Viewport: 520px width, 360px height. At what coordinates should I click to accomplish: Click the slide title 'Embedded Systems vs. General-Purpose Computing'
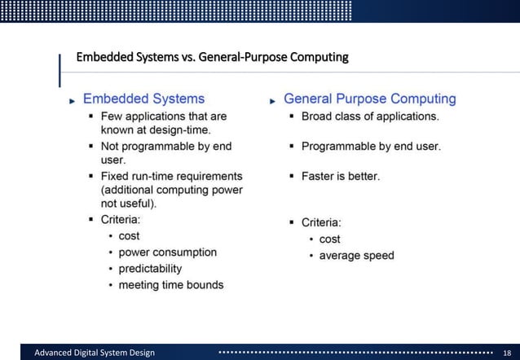212,58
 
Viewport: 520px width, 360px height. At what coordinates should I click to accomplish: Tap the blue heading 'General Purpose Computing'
369,99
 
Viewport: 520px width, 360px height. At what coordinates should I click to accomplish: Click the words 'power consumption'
167,252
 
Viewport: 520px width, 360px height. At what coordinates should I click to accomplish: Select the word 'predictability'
150,269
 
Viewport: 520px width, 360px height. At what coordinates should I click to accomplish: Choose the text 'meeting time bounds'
170,285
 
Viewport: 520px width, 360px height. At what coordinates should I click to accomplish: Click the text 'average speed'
356,256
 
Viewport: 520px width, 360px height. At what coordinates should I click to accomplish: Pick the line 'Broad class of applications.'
370,116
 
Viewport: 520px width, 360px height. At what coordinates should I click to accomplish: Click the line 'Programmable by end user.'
371,147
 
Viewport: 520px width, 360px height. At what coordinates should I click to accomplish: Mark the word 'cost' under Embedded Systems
129,236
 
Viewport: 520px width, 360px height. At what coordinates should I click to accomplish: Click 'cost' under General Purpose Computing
329,239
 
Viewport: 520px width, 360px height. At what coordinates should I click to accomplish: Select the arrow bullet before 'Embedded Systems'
73,100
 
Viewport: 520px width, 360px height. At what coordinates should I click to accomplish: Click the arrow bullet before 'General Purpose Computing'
273,100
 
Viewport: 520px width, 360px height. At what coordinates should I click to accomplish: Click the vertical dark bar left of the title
60,69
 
